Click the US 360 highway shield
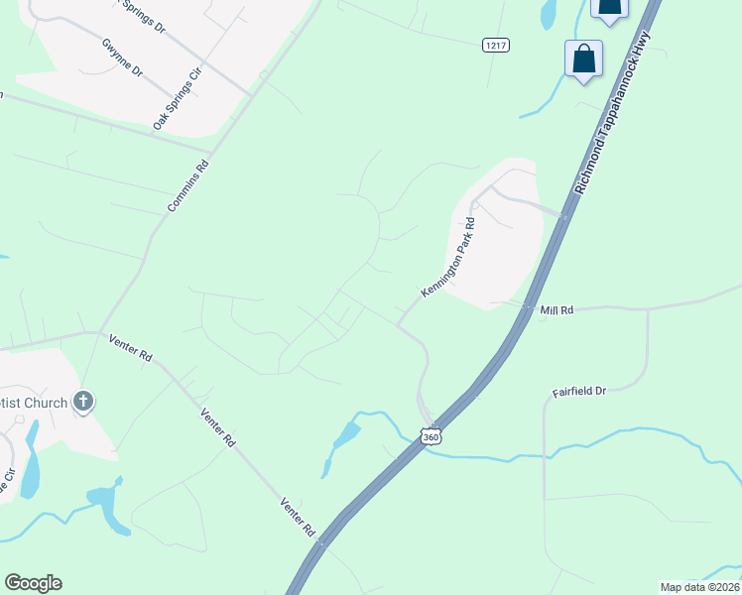point(430,436)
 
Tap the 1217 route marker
point(496,46)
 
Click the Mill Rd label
point(556,310)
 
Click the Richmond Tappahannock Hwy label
point(616,112)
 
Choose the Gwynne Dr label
point(123,59)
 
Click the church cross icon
point(84,402)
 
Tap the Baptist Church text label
point(34,403)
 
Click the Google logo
point(33,583)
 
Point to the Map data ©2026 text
point(699,587)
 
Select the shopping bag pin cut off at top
point(609,9)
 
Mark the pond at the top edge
point(548,14)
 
